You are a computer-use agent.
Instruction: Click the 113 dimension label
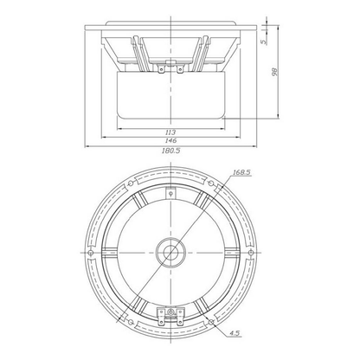tap(170, 132)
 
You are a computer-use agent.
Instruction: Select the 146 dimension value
tap(170, 141)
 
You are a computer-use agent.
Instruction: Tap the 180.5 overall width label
tap(170, 151)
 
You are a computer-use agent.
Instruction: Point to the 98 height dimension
tap(274, 72)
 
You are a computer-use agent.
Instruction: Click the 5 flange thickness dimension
tap(263, 42)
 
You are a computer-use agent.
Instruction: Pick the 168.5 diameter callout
tap(242, 172)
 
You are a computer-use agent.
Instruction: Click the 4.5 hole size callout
tap(235, 333)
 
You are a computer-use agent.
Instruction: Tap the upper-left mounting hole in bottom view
tap(131, 183)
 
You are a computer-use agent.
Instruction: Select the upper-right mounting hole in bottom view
tap(211, 183)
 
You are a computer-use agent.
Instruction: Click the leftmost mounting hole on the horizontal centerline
tap(91, 253)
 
